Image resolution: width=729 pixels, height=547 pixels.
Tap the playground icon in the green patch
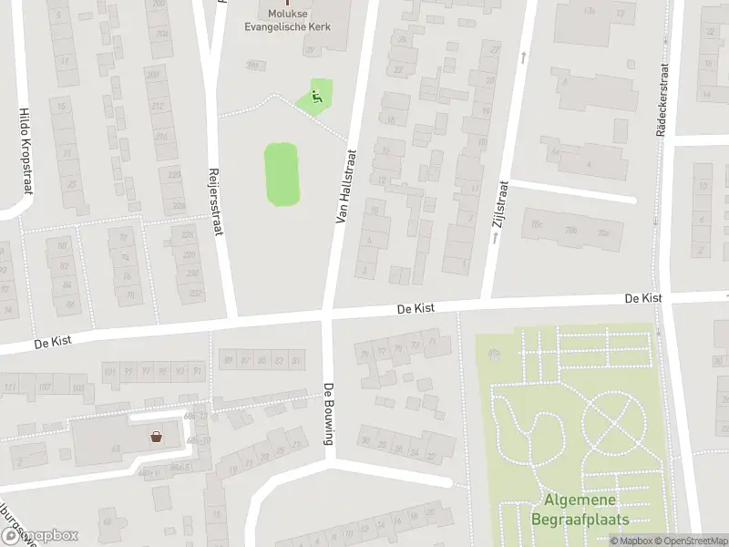[x=317, y=95]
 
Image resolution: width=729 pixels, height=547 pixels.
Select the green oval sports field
[x=282, y=173]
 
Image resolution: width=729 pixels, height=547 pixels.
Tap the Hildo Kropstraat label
[x=25, y=150]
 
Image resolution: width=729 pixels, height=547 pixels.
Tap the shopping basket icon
[x=157, y=437]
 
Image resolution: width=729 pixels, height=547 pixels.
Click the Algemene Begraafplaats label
[x=580, y=510]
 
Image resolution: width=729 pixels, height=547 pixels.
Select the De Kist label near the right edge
[x=643, y=298]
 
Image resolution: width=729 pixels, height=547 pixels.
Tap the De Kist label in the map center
[x=415, y=310]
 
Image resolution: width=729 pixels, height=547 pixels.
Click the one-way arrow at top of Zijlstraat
[x=523, y=57]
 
